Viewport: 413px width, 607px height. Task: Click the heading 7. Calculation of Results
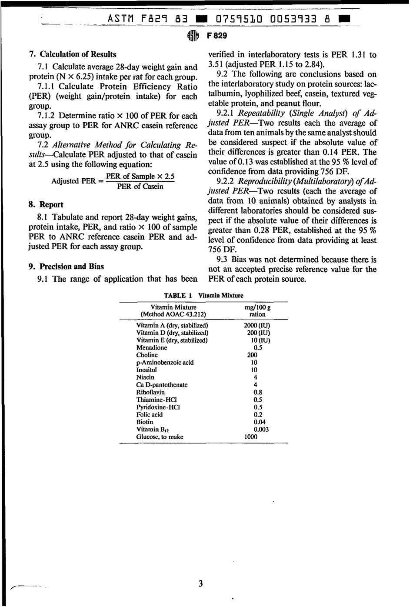point(73,54)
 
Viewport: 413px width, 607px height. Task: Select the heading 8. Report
point(46,204)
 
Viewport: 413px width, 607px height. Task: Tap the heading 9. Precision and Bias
point(66,267)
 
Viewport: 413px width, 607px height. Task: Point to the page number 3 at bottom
point(200,584)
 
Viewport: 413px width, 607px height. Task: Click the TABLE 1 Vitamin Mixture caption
point(203,296)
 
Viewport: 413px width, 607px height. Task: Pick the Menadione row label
point(151,348)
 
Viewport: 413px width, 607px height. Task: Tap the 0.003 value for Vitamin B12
point(261,429)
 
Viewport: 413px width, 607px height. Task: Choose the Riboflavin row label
point(150,392)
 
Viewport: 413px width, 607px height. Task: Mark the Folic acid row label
point(149,414)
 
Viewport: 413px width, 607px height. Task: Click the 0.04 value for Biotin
point(260,422)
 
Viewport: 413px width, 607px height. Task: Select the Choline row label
point(147,355)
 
